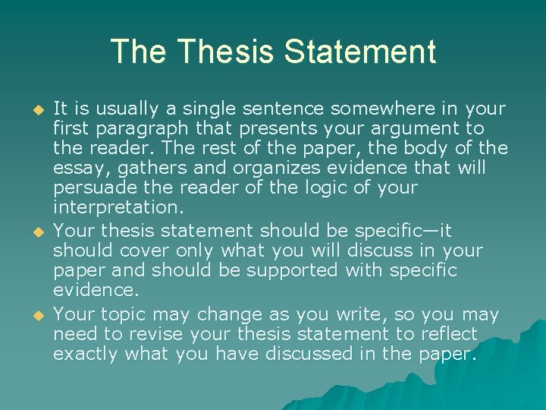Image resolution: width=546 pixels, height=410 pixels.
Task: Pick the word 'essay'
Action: [76, 167]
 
